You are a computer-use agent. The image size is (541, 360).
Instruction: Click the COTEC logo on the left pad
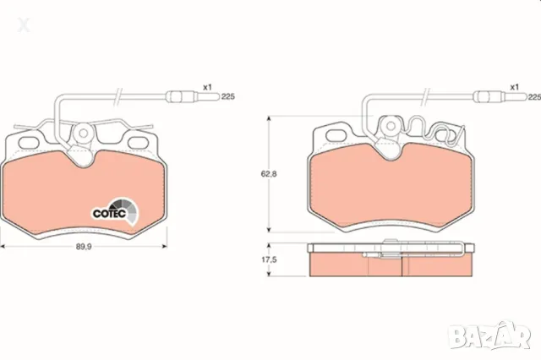point(115,211)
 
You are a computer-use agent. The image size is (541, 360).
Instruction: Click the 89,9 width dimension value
point(84,247)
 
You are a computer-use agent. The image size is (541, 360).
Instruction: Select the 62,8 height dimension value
point(269,174)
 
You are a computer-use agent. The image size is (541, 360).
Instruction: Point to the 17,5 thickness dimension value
point(269,259)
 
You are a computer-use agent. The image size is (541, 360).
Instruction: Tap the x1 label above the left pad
point(207,87)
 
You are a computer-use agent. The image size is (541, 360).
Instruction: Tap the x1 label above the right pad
point(515,87)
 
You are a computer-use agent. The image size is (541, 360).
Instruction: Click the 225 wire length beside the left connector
point(228,97)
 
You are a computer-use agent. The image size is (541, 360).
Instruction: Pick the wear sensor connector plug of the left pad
point(193,96)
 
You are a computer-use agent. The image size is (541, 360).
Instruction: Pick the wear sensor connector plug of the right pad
point(500,96)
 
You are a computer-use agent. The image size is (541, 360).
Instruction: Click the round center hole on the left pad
point(83,133)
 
